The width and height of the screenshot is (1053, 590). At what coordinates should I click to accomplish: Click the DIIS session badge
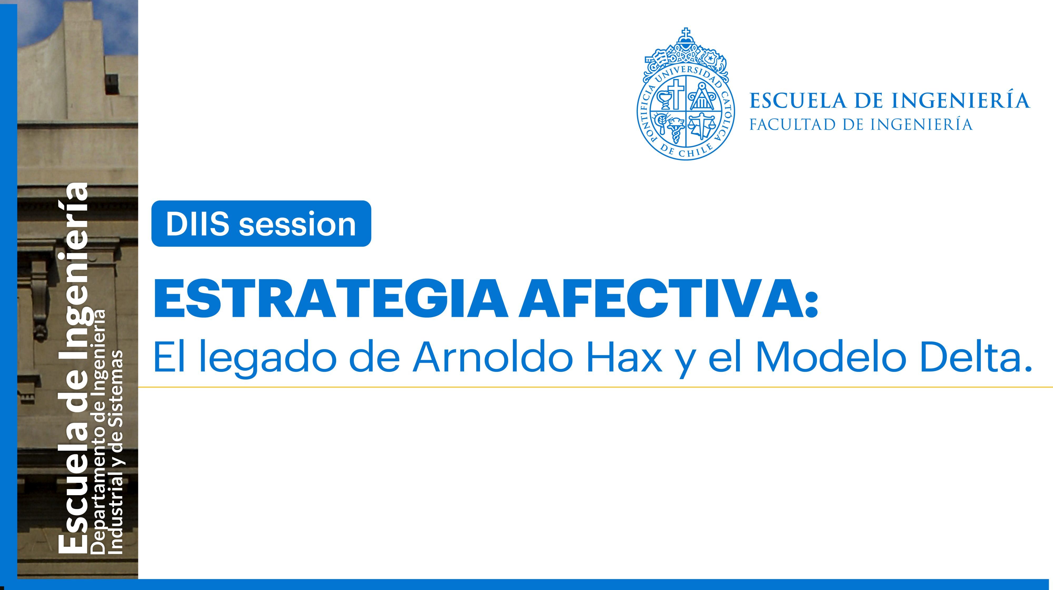pyautogui.click(x=261, y=224)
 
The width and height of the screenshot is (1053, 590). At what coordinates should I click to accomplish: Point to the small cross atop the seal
pyautogui.click(x=686, y=33)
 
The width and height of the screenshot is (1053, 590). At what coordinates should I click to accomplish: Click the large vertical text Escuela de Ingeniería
pyautogui.click(x=74, y=368)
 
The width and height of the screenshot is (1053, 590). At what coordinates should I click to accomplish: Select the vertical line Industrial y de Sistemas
pyautogui.click(x=117, y=452)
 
